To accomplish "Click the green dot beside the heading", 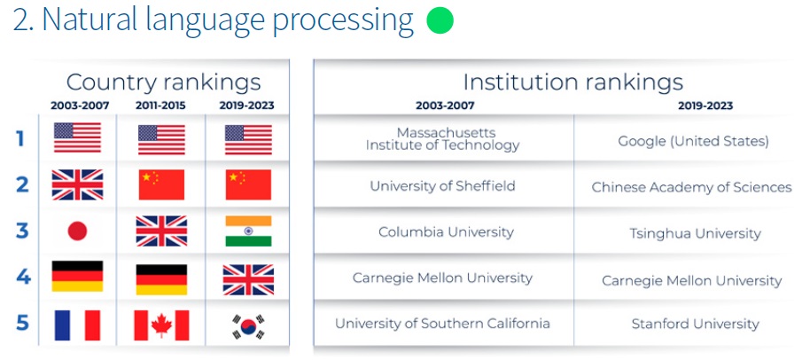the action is tap(440, 20).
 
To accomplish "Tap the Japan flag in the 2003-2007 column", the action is tap(77, 231).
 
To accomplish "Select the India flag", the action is tap(248, 231).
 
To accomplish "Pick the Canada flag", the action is tap(161, 325).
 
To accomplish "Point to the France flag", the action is tap(77, 325).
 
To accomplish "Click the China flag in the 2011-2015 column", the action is tap(161, 184).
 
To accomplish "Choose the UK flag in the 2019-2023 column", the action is tap(248, 279).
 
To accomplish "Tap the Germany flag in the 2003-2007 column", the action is tap(77, 276).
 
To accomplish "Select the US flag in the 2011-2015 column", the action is tap(161, 139).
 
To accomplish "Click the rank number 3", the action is tap(21, 231).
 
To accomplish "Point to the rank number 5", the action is tap(22, 323).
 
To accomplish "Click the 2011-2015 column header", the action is tap(160, 106).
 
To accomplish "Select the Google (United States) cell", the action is tap(693, 141).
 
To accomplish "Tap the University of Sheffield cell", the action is tap(443, 186).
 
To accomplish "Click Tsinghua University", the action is tap(695, 233).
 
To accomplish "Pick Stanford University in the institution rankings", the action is tap(696, 325).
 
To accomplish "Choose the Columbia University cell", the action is tap(447, 232).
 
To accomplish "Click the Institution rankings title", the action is tap(572, 82).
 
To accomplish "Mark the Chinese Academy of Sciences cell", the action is tap(692, 187).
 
